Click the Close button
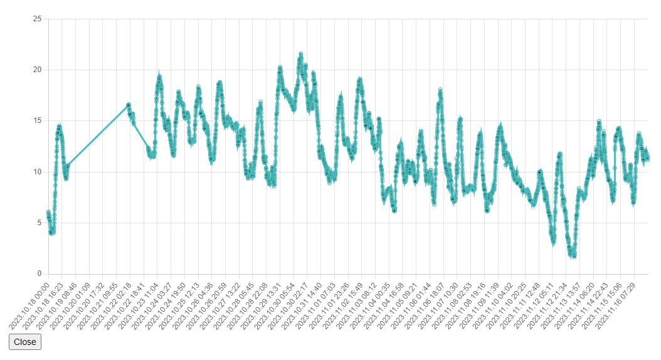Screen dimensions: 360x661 tap(25, 342)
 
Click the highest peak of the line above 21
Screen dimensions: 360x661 tap(301, 54)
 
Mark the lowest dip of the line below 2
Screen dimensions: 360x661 tap(573, 256)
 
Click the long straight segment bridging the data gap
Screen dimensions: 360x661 tap(97, 135)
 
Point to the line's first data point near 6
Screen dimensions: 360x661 tap(48, 213)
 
